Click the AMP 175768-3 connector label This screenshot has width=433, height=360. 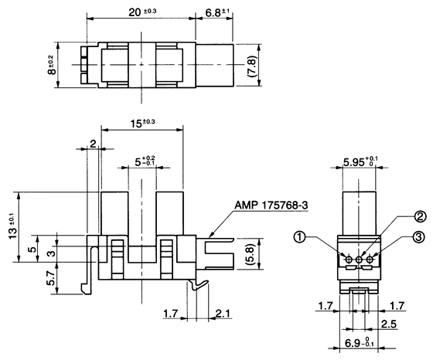click(x=265, y=206)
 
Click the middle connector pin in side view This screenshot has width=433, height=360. click(x=359, y=260)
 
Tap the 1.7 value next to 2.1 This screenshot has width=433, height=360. click(x=172, y=313)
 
